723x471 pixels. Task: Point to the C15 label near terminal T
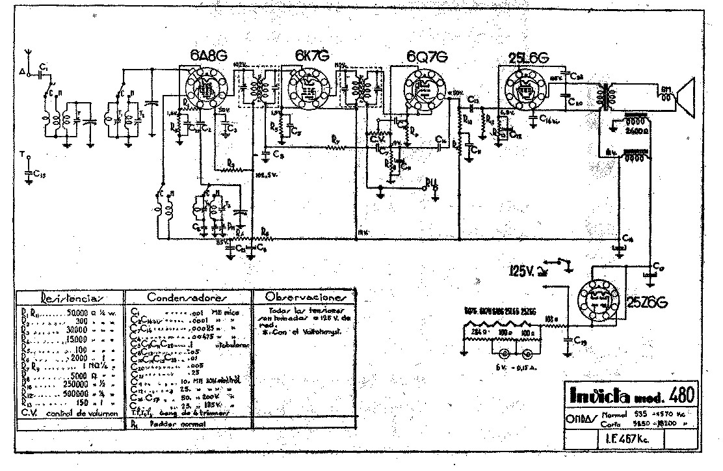(40, 174)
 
